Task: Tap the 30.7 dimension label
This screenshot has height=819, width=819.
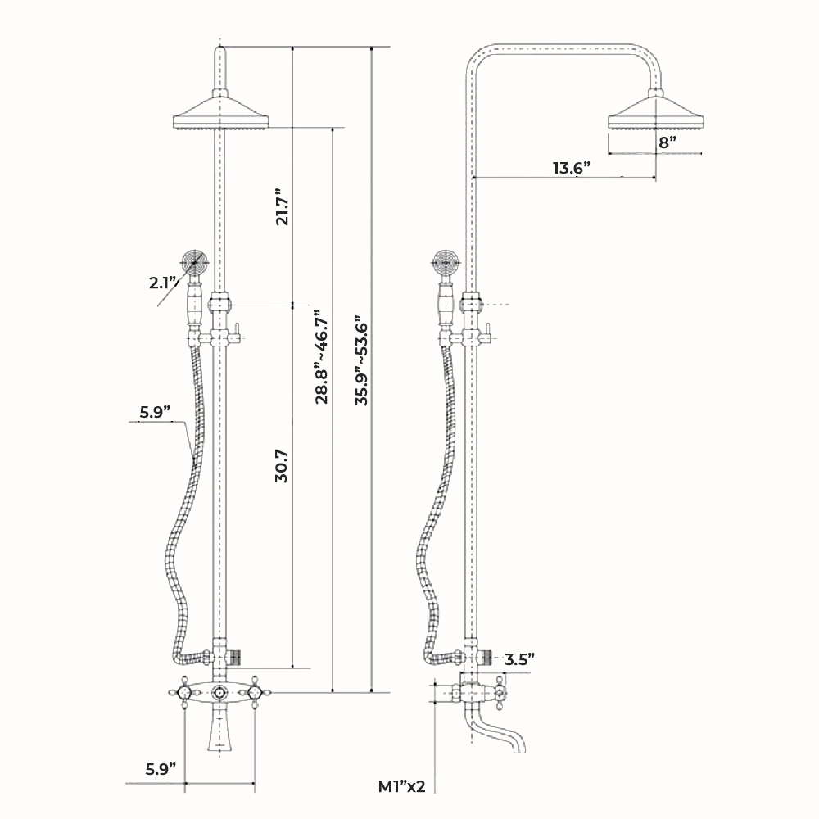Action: (x=281, y=465)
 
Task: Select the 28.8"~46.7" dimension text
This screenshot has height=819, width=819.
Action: (x=322, y=355)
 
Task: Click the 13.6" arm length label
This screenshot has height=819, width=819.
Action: (x=571, y=168)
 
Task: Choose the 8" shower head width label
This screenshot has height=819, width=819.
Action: (x=667, y=141)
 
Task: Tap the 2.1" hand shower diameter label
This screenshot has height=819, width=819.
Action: (x=163, y=283)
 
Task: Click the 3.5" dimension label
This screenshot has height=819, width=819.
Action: (x=519, y=658)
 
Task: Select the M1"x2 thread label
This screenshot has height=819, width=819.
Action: (x=401, y=787)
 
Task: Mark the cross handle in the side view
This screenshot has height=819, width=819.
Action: (x=499, y=692)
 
